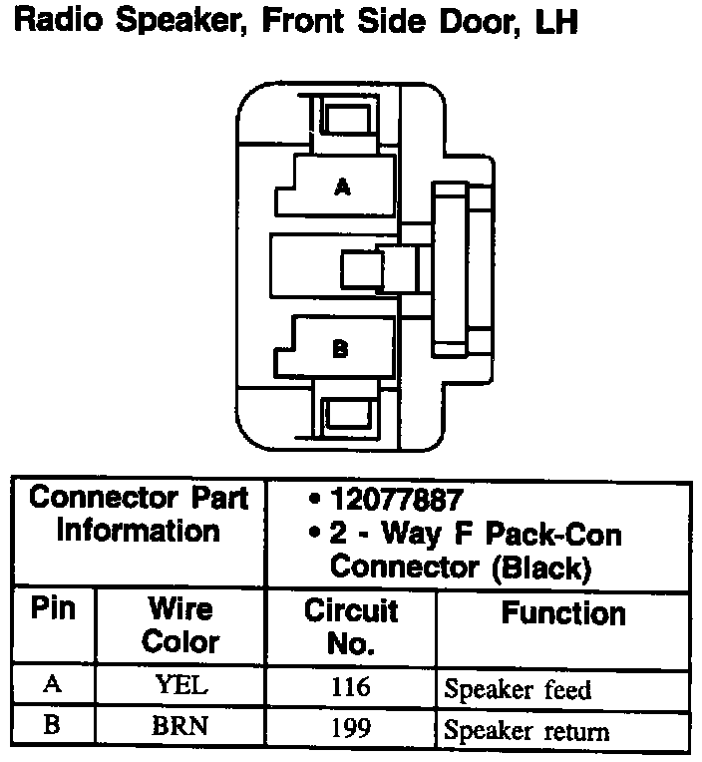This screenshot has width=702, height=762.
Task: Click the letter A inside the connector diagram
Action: click(x=342, y=187)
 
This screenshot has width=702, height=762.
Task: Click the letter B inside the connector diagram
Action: click(x=340, y=349)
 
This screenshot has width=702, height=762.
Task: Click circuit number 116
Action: click(x=350, y=686)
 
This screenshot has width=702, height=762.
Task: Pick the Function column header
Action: click(x=563, y=612)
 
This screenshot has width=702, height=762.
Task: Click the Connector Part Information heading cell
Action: click(x=139, y=514)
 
